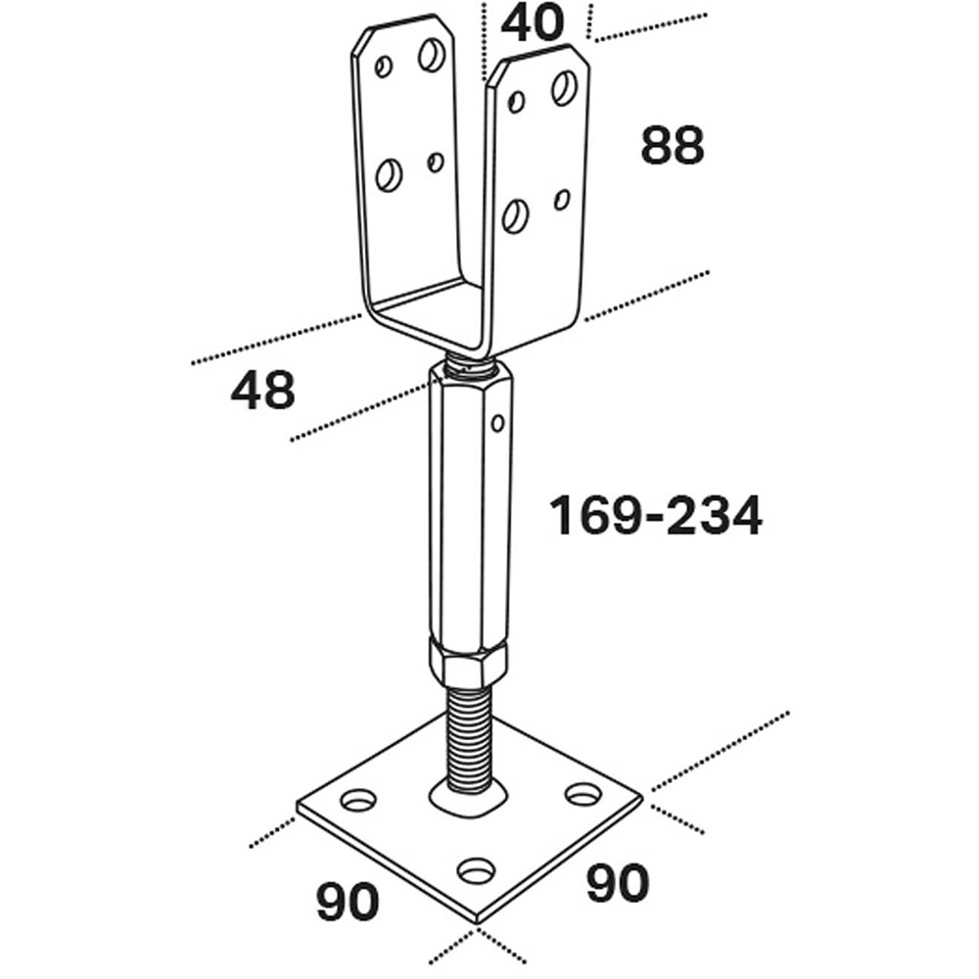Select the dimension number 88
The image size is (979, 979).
tap(673, 146)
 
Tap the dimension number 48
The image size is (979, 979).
tap(262, 392)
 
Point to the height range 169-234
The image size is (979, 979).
tap(655, 516)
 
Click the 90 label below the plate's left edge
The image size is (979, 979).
tap(347, 902)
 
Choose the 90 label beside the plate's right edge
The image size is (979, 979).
tap(617, 883)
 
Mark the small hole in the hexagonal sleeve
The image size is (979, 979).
tap(497, 423)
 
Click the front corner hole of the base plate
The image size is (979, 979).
tap(476, 867)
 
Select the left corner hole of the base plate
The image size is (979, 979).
tap(358, 801)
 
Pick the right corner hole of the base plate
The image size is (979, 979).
tap(583, 791)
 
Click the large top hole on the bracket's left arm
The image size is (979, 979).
tap(431, 54)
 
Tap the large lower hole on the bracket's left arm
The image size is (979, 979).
tap(389, 175)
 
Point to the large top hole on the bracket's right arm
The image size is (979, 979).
tap(563, 88)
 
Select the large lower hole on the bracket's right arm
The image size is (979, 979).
tap(515, 215)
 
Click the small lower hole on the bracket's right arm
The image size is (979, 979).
tap(561, 200)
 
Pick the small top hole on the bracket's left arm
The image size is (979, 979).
tap(384, 67)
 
